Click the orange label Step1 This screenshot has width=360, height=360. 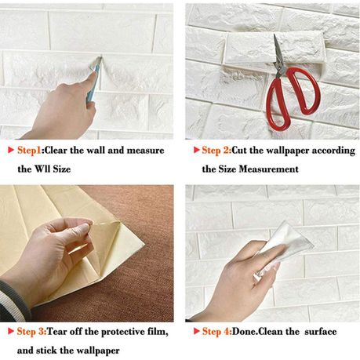click(x=30, y=151)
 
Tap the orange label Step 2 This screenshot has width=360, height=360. click(x=215, y=151)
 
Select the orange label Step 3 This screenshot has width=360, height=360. click(x=31, y=332)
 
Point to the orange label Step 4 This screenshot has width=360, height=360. click(x=216, y=332)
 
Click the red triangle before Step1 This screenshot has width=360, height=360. click(x=11, y=150)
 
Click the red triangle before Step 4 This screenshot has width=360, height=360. click(x=196, y=331)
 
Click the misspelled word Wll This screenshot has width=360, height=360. click(x=42, y=169)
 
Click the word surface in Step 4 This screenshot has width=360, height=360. click(x=321, y=332)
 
